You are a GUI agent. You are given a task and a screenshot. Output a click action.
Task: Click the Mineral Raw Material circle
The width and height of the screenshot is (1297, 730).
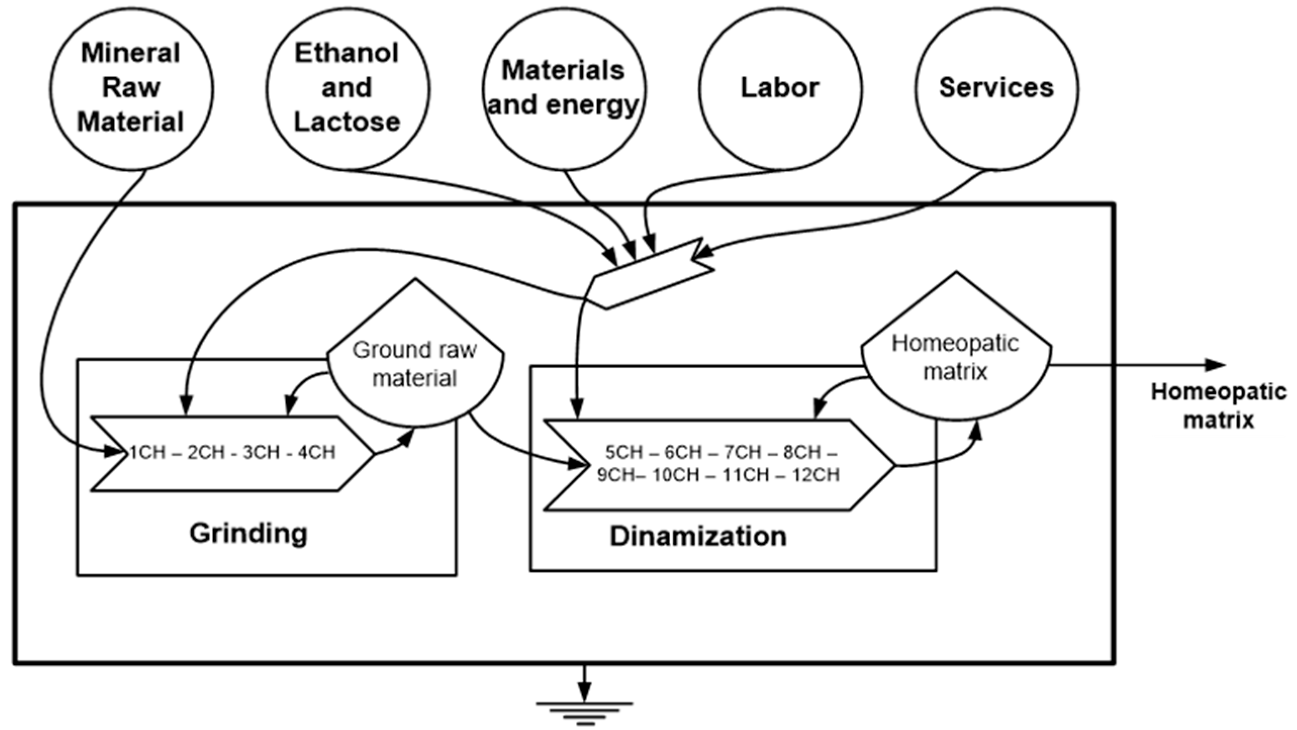pos(131,88)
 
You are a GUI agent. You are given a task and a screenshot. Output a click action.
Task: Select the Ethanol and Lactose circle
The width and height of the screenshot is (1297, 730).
pos(348,88)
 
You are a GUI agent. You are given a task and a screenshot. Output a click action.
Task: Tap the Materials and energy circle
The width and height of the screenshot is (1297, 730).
pos(564,88)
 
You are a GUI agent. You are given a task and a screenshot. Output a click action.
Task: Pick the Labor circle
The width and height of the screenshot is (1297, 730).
pos(780,88)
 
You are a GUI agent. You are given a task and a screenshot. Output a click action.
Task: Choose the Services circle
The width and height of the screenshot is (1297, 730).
pos(996,88)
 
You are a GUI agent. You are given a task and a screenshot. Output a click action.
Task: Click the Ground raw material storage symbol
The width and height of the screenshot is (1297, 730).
pos(415,363)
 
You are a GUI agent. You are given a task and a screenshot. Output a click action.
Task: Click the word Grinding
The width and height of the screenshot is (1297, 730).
pos(249,533)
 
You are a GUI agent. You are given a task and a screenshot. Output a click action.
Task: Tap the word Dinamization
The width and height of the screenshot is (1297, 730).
pos(698,536)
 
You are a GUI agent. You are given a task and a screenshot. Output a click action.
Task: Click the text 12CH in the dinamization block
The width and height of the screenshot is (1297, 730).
pos(815,475)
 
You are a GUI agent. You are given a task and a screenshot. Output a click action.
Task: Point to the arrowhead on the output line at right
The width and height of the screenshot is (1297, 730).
pos(1216,364)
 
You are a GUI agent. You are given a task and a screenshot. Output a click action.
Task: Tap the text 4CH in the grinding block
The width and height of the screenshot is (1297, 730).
pos(316,452)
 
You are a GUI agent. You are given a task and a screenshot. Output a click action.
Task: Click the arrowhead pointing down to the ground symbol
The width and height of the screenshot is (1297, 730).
pos(585,691)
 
